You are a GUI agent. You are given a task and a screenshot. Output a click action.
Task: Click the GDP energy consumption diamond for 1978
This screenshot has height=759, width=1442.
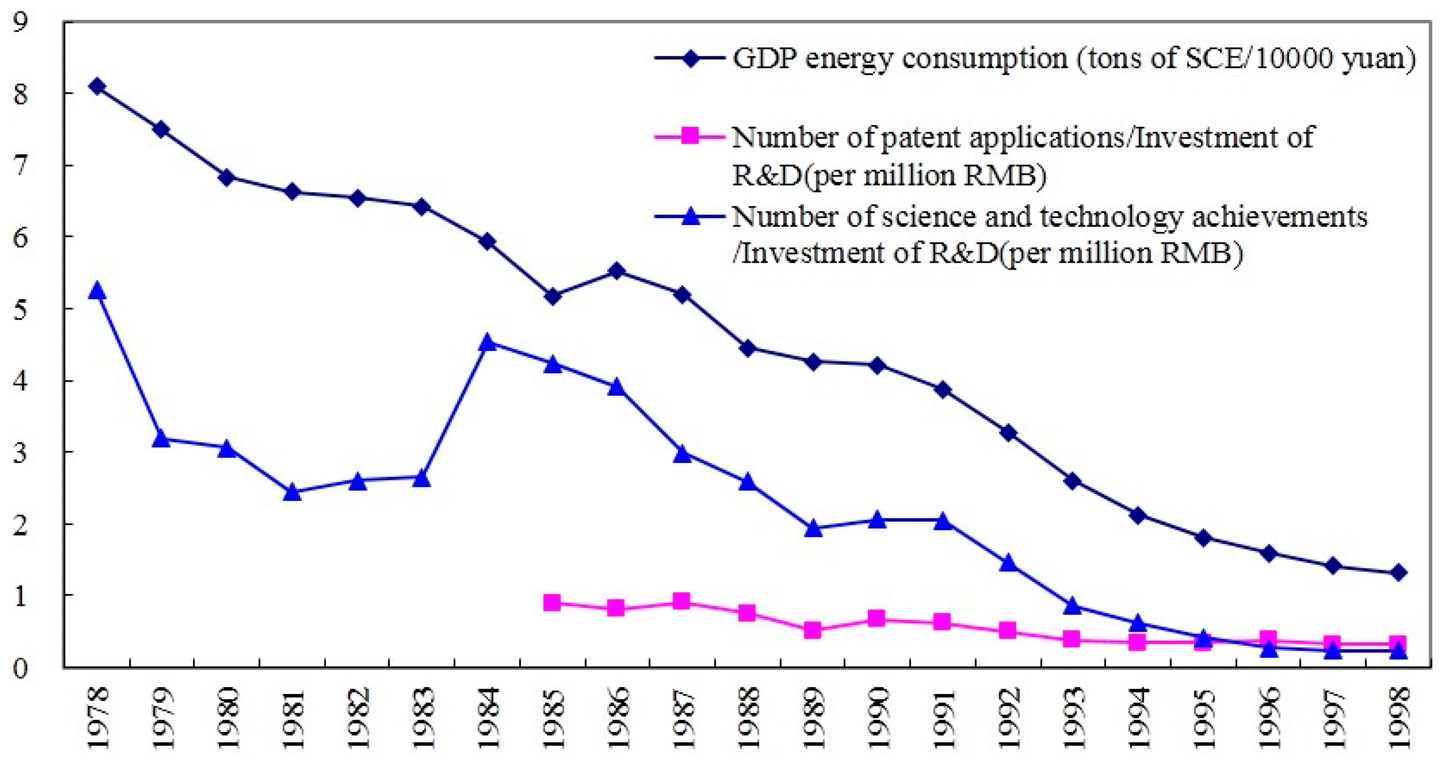(97, 87)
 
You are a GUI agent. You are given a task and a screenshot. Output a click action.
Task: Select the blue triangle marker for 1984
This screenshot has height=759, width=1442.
(487, 342)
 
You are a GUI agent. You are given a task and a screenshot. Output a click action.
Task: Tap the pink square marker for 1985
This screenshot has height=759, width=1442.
(552, 603)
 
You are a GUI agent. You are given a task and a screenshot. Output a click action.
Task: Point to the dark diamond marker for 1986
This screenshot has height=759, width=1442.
(616, 271)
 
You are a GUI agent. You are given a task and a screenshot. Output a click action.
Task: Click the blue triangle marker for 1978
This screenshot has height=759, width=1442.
(97, 291)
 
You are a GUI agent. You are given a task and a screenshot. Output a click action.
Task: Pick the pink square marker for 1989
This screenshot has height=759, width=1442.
(813, 630)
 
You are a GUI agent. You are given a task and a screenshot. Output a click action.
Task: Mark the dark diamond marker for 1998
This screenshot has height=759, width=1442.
(1398, 572)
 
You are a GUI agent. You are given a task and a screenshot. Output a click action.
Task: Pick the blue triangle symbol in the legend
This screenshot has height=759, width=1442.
(690, 216)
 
